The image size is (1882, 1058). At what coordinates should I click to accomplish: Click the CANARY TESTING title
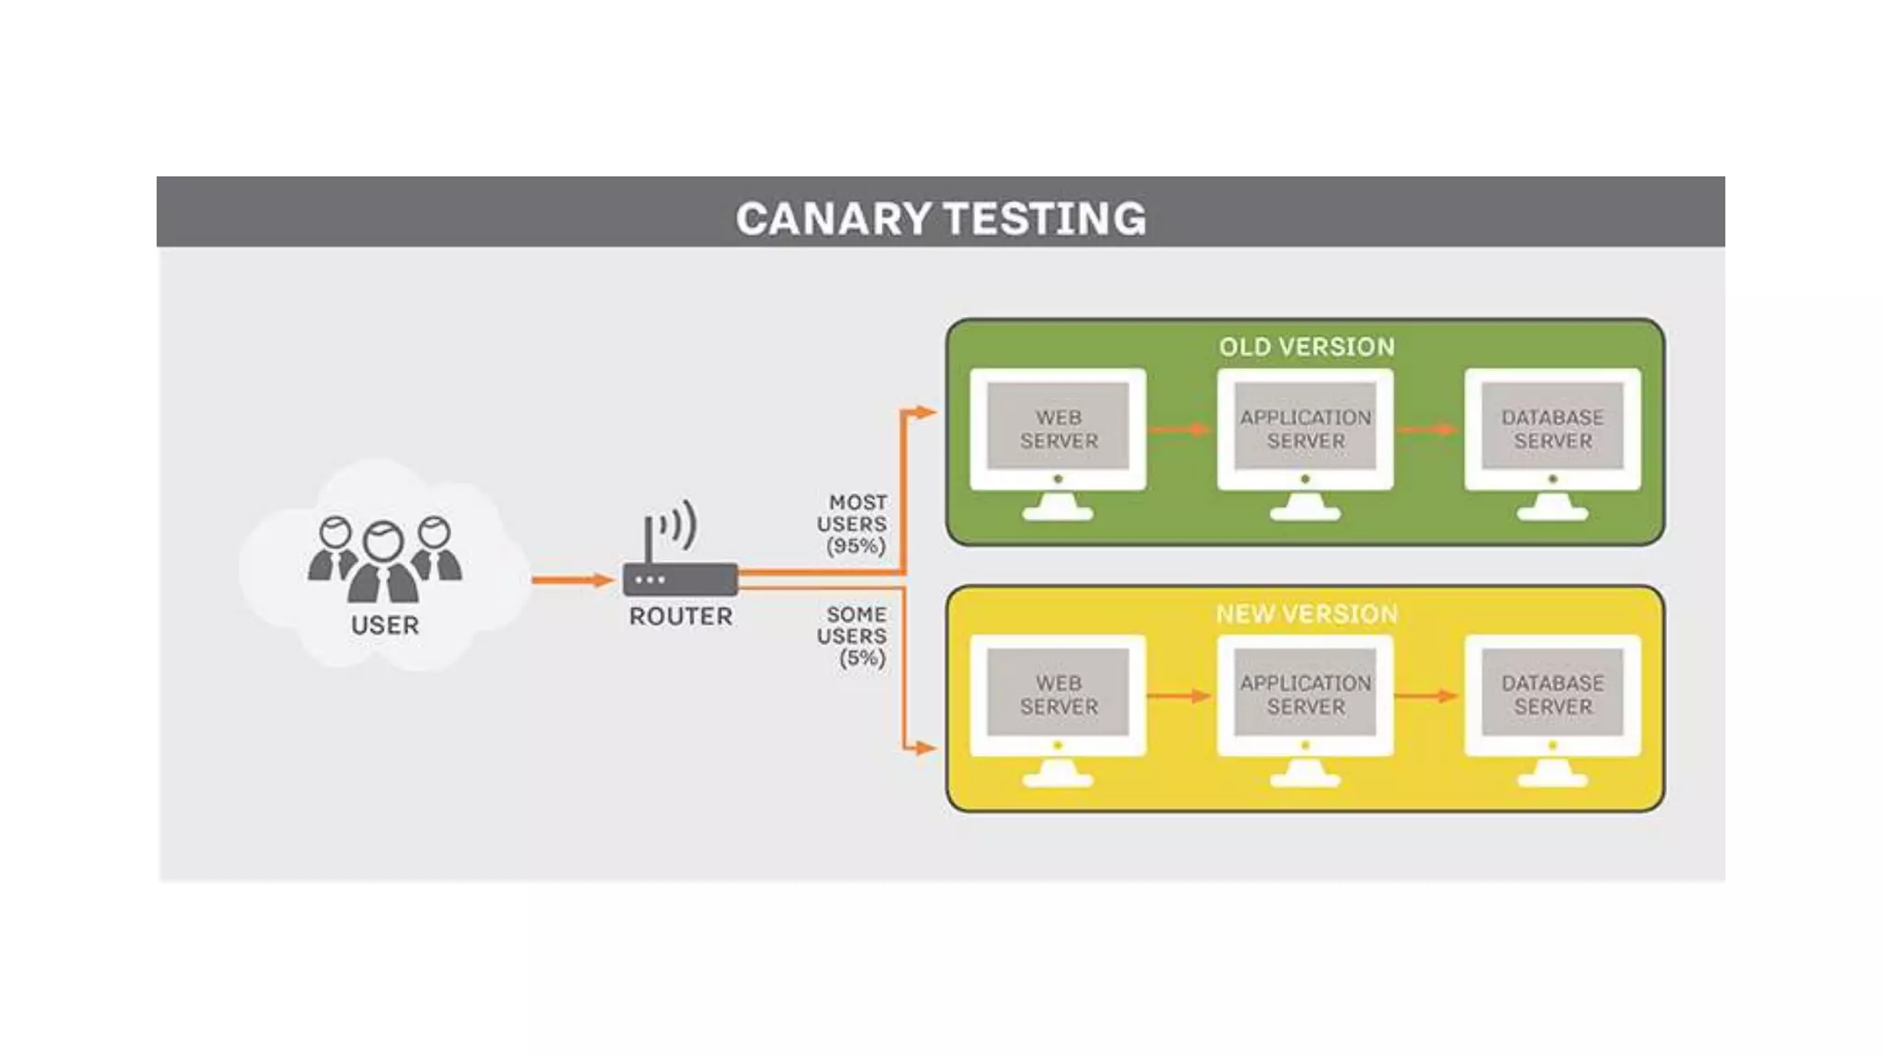pos(940,219)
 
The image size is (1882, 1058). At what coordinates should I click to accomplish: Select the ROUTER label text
pos(681,616)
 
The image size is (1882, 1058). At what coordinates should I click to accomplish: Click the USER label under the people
pos(385,625)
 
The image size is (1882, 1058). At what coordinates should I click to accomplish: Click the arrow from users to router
pos(572,580)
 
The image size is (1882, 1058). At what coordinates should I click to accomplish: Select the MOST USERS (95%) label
pos(853,524)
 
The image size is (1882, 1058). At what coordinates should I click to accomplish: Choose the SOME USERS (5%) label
pos(853,636)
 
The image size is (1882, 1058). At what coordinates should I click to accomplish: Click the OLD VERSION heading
pos(1306,347)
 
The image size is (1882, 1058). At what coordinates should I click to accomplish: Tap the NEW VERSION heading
pos(1306,613)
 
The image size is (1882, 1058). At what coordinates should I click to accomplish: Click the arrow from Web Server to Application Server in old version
pos(1181,429)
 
